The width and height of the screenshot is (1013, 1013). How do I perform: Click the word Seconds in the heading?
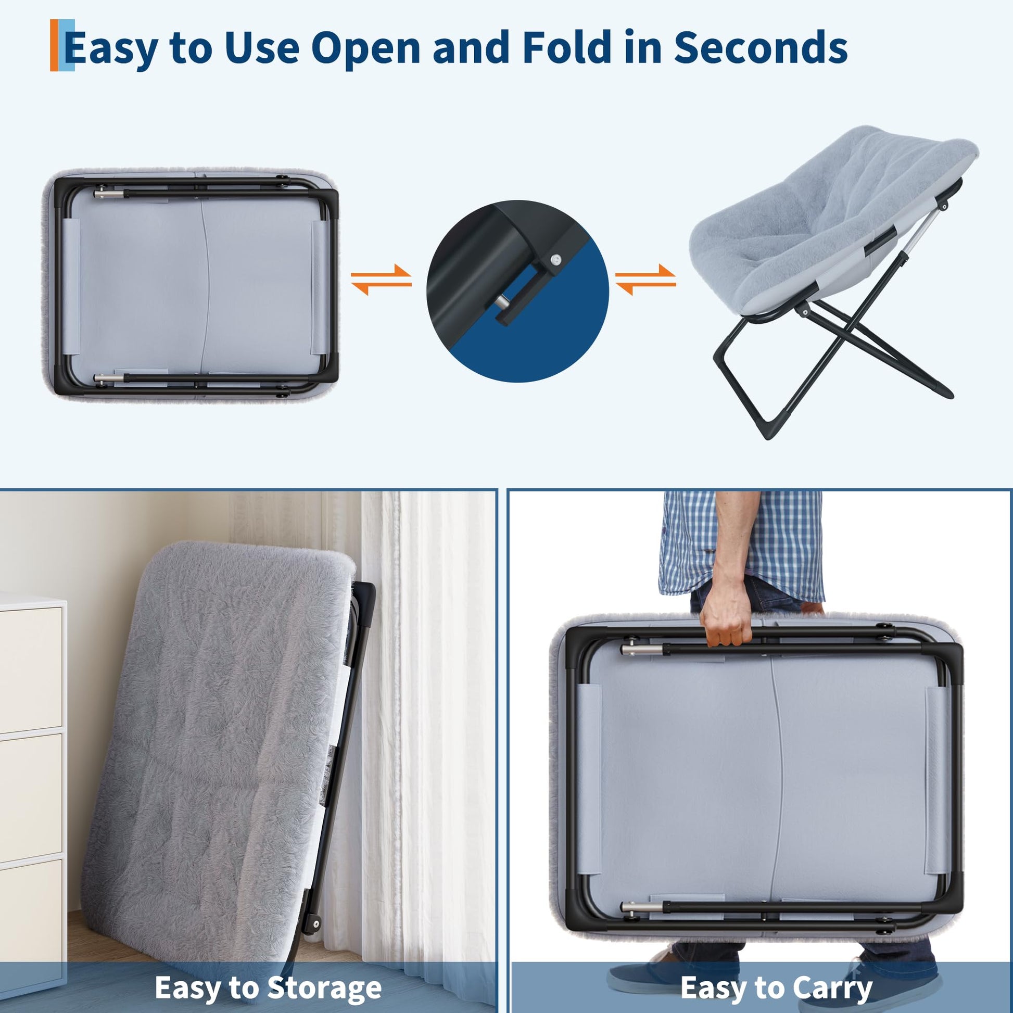(761, 47)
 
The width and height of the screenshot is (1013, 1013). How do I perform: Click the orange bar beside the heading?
(55, 45)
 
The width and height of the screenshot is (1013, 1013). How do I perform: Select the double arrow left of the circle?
(381, 280)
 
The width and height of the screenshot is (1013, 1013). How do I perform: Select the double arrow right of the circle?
(645, 280)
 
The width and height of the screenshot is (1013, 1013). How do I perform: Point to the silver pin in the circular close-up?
(502, 303)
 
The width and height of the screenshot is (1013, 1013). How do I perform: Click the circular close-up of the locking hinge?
(517, 291)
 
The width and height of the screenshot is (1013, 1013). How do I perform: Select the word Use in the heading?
(262, 47)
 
